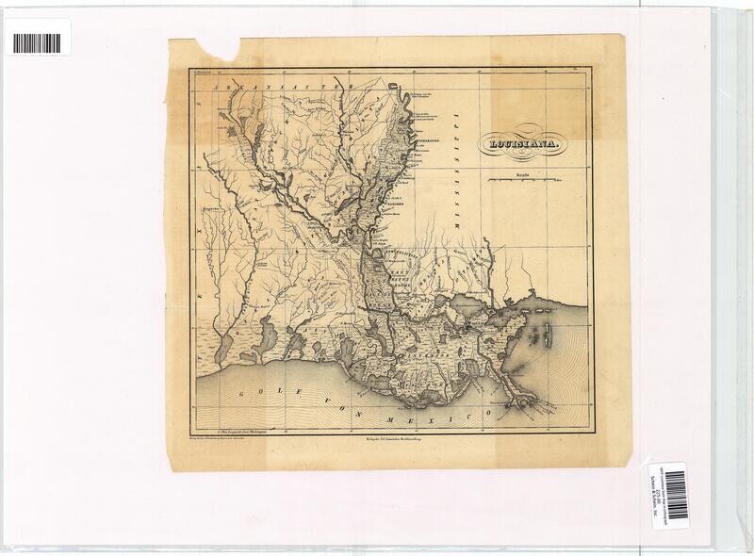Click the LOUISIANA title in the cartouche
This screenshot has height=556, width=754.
(521, 145)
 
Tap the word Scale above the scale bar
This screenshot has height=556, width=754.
(522, 172)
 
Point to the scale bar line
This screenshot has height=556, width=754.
(522, 178)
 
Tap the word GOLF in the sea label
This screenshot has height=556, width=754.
(252, 389)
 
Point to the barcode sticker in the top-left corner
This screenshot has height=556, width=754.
(38, 43)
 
